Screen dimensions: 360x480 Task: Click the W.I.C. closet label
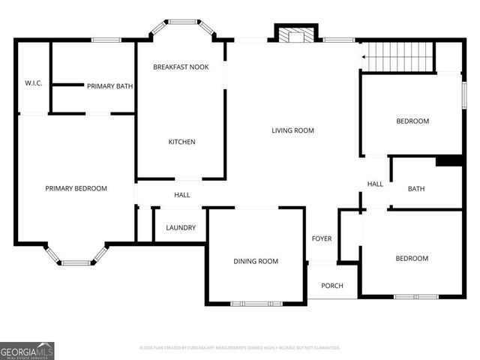point(32,82)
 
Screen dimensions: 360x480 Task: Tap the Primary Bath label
point(109,86)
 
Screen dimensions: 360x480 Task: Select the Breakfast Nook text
point(181,67)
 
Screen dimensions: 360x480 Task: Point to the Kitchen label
point(181,142)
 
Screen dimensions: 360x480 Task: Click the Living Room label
point(292,130)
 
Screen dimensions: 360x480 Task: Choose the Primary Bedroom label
point(76,189)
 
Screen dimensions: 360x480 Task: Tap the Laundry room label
point(181,228)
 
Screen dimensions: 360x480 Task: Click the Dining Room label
point(256,262)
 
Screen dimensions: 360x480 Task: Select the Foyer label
point(322,239)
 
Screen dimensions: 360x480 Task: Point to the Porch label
point(332,286)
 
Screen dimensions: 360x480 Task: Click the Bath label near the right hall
point(416,189)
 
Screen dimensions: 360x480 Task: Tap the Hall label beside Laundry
point(182,195)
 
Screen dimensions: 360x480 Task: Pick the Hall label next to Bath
point(375,184)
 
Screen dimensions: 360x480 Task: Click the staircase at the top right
point(397,56)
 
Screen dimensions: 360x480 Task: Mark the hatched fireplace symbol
point(298,36)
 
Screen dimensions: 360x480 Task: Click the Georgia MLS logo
point(27,350)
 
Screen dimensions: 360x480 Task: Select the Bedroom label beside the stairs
point(412,121)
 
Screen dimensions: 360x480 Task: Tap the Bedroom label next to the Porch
point(412,259)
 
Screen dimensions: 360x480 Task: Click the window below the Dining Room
point(256,303)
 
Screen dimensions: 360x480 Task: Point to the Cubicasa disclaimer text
point(240,348)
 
